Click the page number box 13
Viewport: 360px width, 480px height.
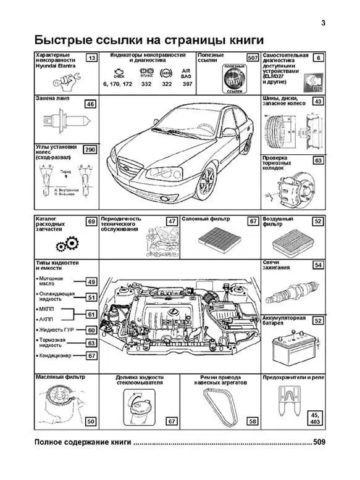click(x=91, y=58)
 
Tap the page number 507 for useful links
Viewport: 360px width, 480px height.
click(x=251, y=58)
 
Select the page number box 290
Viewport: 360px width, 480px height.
click(x=90, y=149)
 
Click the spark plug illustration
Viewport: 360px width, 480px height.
click(x=300, y=289)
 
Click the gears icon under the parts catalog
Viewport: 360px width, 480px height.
click(x=62, y=246)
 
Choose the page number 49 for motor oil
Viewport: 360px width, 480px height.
click(x=91, y=282)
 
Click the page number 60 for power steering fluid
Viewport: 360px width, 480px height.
click(x=91, y=330)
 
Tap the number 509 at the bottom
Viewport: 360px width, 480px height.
click(x=320, y=442)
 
